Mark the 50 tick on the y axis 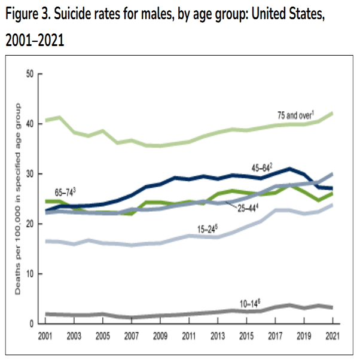pyautogui.click(x=30, y=74)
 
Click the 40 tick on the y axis pyautogui.click(x=30, y=124)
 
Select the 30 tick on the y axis pyautogui.click(x=30, y=174)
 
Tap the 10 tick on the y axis pyautogui.click(x=30, y=274)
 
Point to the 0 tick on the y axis pyautogui.click(x=32, y=324)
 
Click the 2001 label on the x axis pyautogui.click(x=45, y=335)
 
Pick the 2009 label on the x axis pyautogui.click(x=160, y=335)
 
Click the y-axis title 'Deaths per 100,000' pyautogui.click(x=19, y=197)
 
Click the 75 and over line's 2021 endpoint pyautogui.click(x=331, y=113)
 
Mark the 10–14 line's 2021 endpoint pyautogui.click(x=331, y=307)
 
